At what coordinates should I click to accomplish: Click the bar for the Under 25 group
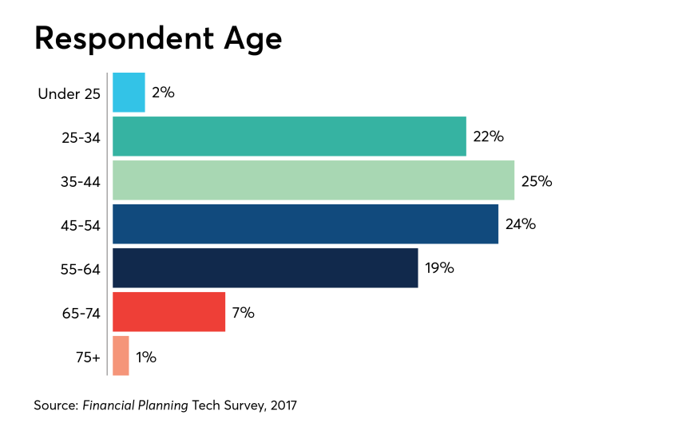click(129, 93)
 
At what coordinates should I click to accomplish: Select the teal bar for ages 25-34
click(289, 136)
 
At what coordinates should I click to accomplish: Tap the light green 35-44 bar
click(313, 180)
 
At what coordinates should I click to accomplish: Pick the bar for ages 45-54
click(305, 224)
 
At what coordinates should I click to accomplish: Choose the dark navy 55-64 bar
click(265, 268)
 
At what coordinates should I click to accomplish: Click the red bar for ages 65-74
click(168, 312)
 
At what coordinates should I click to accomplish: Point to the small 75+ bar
click(121, 356)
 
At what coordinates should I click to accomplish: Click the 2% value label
click(163, 93)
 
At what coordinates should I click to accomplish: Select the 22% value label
click(488, 136)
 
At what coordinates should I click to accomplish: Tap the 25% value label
click(537, 180)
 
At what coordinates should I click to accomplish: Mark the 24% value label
click(521, 224)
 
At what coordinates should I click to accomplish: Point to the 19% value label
click(439, 268)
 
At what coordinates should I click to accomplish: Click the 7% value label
click(243, 312)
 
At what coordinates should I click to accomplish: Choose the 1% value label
click(146, 357)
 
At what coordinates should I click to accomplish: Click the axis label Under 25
click(69, 94)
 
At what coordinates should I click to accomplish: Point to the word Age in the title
click(255, 39)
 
